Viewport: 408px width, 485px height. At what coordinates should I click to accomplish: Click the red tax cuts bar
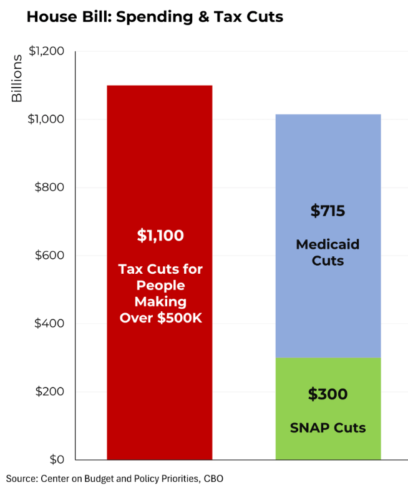coord(160,156)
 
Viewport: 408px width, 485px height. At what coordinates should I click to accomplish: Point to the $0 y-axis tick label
coord(56,460)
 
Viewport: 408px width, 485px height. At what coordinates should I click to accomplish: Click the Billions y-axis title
coord(17,79)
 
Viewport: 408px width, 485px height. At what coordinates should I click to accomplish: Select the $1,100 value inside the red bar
coord(160,236)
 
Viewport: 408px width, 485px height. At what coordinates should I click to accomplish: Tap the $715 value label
coord(328,211)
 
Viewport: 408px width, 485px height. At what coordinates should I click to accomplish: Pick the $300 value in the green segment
coord(328,394)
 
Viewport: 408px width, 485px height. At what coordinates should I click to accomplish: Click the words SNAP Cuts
coord(328,428)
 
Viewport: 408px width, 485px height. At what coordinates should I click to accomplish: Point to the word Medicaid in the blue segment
coord(328,244)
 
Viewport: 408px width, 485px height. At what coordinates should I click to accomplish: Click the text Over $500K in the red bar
coord(160,317)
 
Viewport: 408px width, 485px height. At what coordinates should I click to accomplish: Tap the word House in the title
coord(47,17)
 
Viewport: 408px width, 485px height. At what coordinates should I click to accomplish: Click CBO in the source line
coord(213,478)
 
